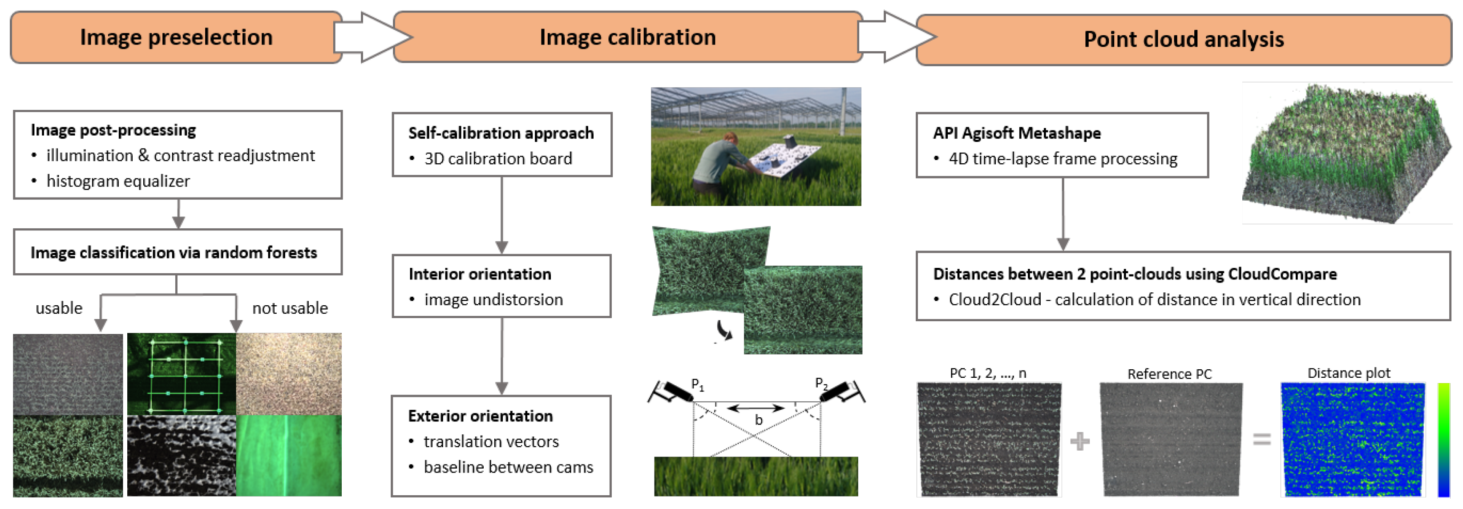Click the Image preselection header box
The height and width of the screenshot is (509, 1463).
[176, 37]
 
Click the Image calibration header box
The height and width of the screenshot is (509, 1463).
[627, 37]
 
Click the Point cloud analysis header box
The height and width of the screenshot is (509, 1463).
[1184, 40]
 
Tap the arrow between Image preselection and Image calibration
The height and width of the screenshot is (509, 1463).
[372, 37]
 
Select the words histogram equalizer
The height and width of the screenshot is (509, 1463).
[118, 181]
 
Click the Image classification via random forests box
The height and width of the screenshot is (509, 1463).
[177, 252]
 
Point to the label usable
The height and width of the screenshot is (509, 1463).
[59, 308]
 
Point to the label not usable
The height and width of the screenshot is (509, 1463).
[290, 308]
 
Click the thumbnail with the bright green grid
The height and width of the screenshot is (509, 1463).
[182, 375]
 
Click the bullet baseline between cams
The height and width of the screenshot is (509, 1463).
[508, 467]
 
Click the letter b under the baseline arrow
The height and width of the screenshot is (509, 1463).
[758, 420]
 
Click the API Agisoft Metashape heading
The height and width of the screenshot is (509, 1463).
[1017, 133]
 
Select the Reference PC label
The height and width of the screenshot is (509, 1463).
[1169, 374]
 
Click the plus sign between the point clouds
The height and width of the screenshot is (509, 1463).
[1079, 441]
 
